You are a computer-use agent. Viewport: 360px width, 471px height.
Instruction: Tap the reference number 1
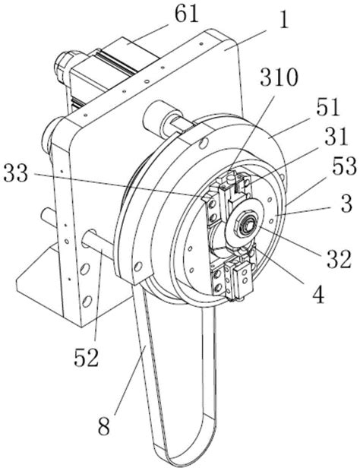tap(283, 20)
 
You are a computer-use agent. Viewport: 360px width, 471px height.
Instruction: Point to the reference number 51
tap(327, 107)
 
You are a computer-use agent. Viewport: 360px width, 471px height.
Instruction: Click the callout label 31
tap(335, 137)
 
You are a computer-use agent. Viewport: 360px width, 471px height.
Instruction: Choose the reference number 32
tap(339, 259)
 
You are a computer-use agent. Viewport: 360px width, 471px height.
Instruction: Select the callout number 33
tap(16, 174)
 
